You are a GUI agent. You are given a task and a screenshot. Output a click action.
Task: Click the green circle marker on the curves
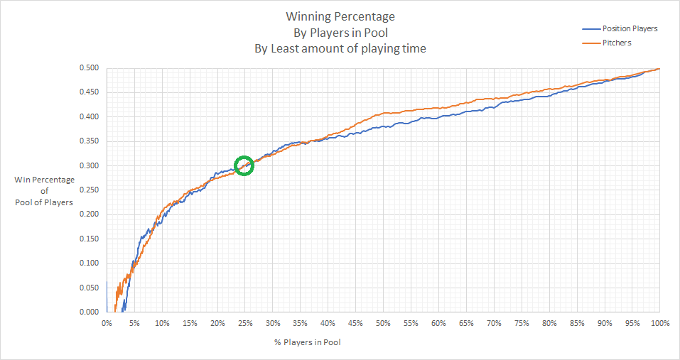pos(244,165)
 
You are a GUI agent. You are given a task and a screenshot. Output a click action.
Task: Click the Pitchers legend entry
pos(617,43)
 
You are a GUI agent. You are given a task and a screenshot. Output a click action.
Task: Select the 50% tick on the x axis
pos(383,324)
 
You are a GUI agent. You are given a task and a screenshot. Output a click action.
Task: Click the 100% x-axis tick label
pos(659,324)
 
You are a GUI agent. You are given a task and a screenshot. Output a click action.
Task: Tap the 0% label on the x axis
pos(107,324)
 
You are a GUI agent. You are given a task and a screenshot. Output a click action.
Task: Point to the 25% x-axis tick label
pos(244,324)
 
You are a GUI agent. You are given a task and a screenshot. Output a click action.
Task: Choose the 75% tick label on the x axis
pos(521,324)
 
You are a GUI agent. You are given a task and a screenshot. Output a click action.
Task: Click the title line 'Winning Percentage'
pos(340,16)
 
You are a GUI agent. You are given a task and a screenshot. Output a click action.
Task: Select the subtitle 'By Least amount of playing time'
pos(340,49)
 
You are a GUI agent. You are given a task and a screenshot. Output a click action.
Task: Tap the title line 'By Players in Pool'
pos(340,33)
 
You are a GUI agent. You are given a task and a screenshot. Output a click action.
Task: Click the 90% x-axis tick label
pos(604,324)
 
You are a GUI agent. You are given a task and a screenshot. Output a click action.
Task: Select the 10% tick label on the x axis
pos(162,324)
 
